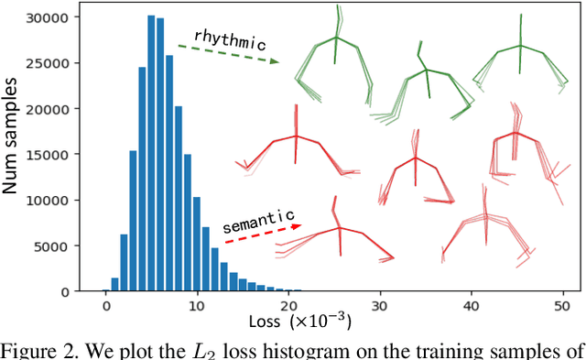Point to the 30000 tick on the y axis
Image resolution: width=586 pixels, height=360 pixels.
coord(63,17)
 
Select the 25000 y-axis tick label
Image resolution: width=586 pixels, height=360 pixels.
coord(63,63)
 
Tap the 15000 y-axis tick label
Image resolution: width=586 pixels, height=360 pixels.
coord(63,155)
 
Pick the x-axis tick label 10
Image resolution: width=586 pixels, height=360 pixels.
coord(198,306)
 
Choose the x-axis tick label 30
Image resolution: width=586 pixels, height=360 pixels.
coord(380,306)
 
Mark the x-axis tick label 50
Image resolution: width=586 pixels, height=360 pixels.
coord(562,306)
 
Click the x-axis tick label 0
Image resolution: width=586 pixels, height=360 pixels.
coord(106,306)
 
